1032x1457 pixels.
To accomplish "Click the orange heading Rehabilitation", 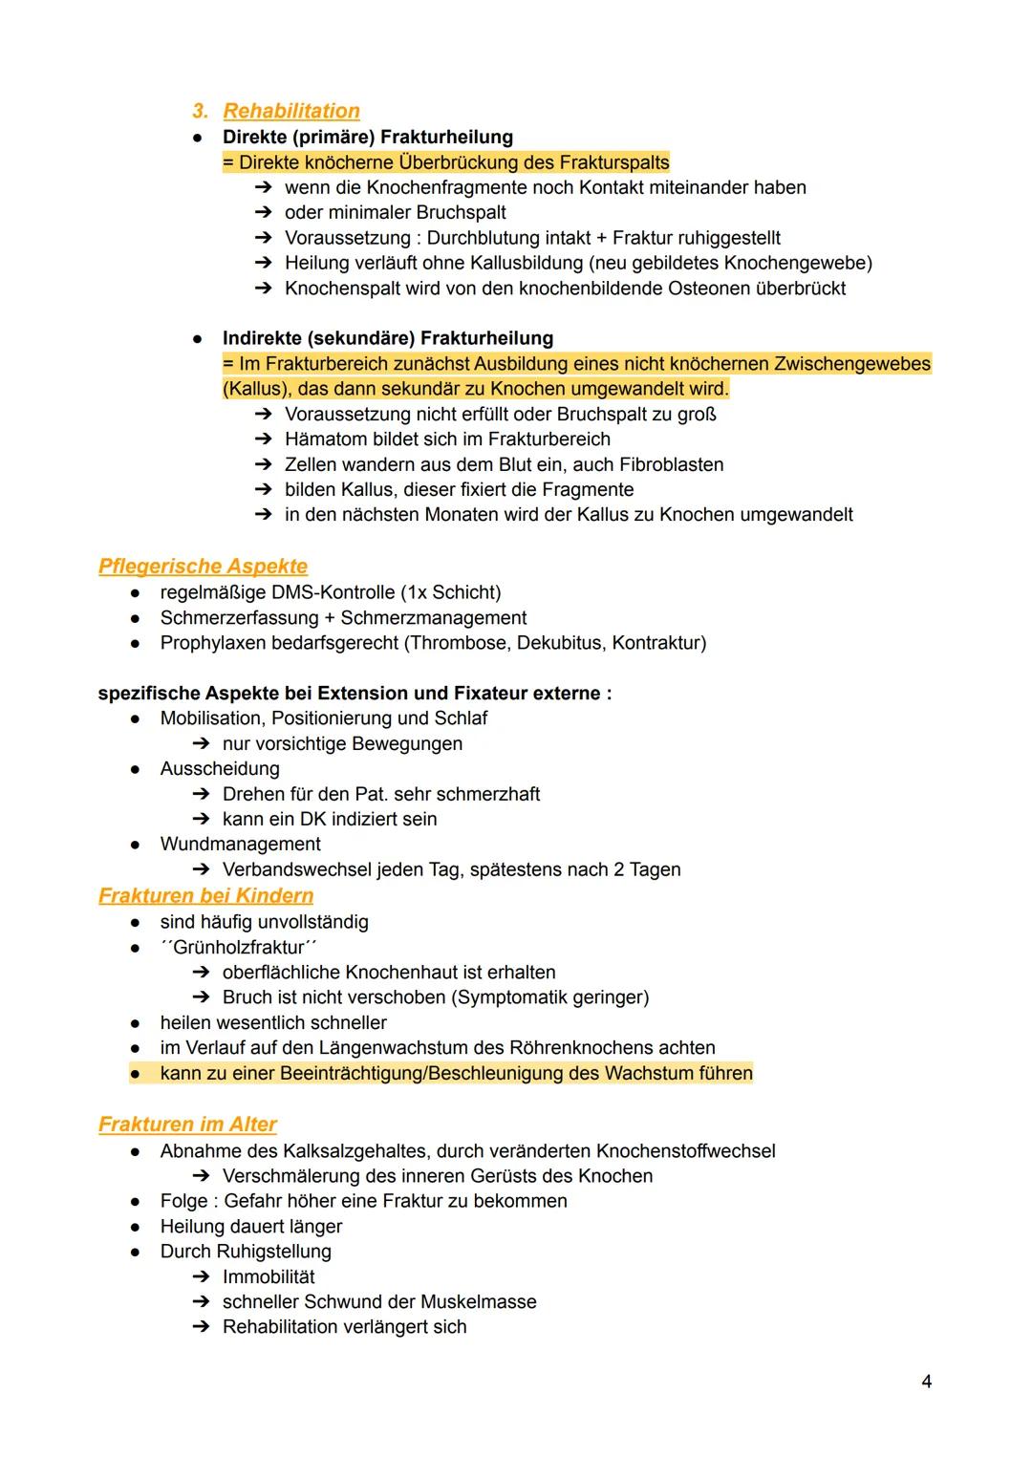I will [290, 111].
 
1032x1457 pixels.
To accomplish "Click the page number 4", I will [926, 1382].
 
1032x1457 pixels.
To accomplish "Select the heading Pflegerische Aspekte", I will [203, 567].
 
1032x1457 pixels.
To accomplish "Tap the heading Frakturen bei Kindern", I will [205, 896].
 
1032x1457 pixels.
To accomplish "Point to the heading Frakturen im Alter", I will [187, 1125].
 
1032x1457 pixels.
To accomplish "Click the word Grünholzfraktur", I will [239, 948].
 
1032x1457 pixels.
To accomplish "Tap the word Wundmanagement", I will [240, 845].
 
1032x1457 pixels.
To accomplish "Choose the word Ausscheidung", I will [220, 769].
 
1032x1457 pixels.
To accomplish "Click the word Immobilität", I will [269, 1277].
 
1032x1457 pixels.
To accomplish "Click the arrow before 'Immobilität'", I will [200, 1277].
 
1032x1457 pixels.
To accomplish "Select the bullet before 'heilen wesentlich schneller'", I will [137, 1023].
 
